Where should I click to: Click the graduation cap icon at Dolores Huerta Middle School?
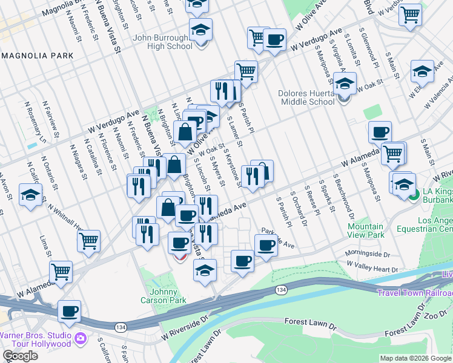345,85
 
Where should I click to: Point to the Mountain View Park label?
366,231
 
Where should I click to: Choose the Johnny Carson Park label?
164,296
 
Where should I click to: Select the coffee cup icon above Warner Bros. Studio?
69,311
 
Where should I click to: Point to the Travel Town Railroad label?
415,293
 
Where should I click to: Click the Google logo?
20,356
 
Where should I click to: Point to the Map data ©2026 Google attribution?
415,358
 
